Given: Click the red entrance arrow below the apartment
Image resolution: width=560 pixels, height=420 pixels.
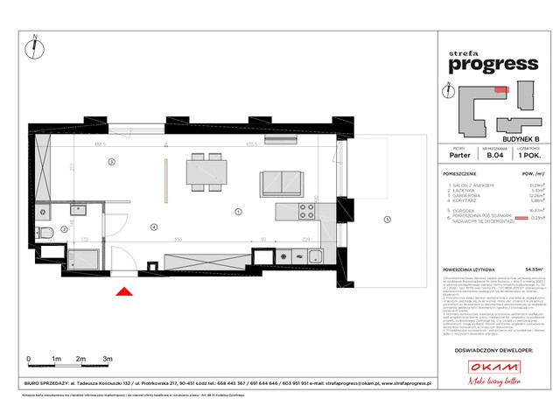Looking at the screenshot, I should [x=126, y=294].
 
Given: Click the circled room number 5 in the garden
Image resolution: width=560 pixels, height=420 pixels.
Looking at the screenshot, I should [x=387, y=220].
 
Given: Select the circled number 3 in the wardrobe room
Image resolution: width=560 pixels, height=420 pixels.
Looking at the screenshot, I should [x=111, y=163].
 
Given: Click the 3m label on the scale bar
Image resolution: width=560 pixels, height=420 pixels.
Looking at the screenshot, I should [x=107, y=360].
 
